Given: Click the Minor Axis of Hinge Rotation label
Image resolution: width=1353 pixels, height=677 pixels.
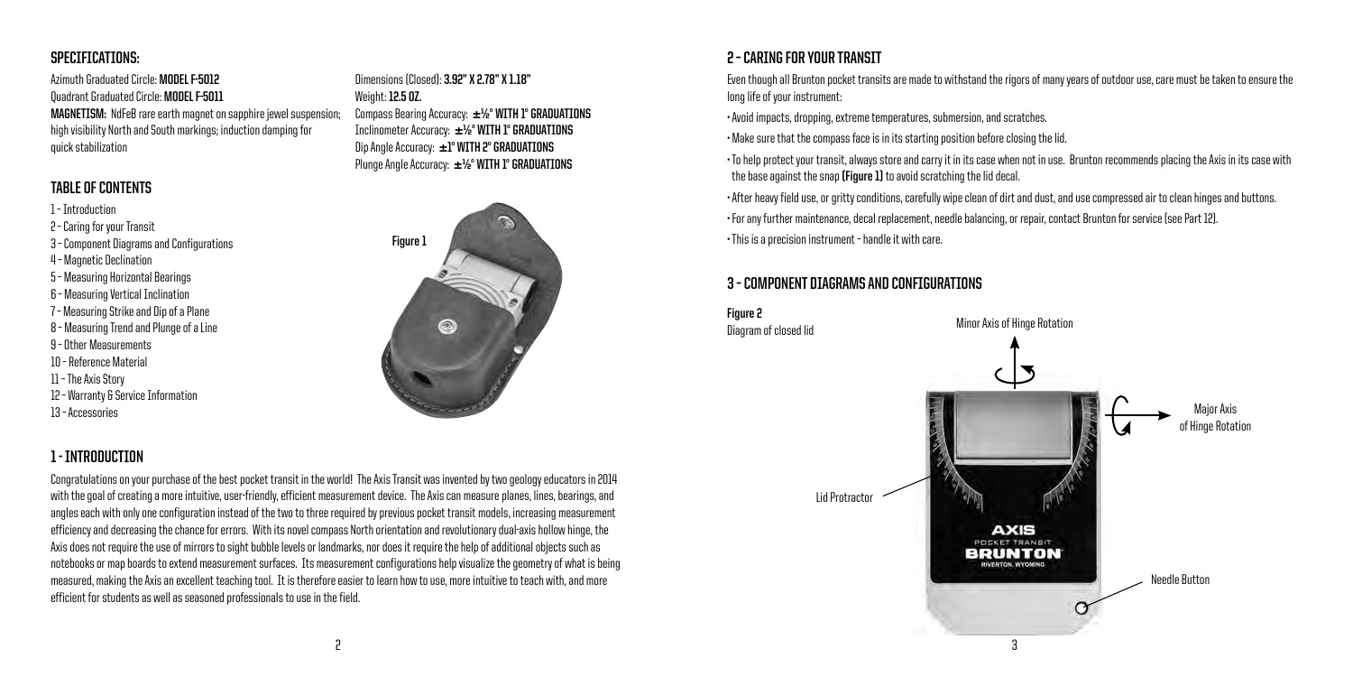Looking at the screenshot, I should [x=1015, y=324].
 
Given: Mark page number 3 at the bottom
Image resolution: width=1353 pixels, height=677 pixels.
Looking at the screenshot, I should [x=1015, y=647].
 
